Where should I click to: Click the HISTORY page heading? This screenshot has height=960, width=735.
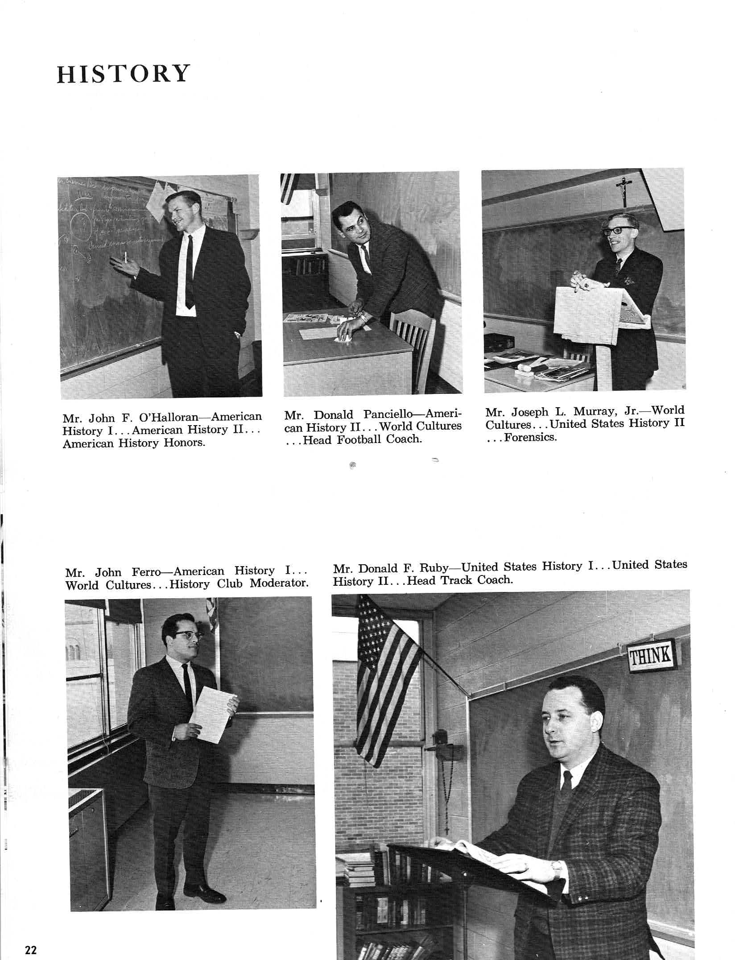click(123, 74)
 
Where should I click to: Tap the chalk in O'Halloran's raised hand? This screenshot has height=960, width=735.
click(126, 257)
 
